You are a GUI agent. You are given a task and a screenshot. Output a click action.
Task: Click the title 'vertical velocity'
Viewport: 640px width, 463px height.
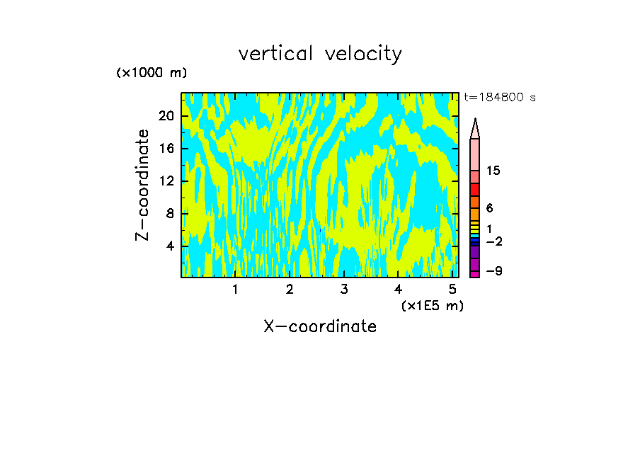click(x=320, y=54)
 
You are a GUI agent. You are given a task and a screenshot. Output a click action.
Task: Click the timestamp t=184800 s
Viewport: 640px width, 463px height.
click(x=499, y=98)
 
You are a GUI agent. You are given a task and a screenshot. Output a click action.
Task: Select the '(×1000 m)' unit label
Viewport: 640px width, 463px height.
click(x=152, y=74)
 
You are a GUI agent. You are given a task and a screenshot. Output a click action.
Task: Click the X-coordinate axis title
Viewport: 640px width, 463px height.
click(x=320, y=326)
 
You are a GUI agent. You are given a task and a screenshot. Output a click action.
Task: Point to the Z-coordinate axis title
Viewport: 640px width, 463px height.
click(x=144, y=185)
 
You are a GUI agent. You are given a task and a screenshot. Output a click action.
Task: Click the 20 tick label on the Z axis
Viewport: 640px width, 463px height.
click(x=166, y=116)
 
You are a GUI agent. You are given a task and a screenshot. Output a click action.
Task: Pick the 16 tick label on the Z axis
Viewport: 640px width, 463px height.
click(x=166, y=149)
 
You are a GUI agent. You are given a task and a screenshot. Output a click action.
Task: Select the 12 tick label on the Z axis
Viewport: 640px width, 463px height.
click(x=166, y=181)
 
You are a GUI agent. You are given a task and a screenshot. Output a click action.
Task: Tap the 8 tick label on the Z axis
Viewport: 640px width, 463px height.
click(x=170, y=214)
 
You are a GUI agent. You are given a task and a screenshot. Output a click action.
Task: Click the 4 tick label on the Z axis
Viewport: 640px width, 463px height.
click(x=170, y=246)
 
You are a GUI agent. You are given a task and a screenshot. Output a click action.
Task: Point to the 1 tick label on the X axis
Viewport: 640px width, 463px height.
click(x=235, y=290)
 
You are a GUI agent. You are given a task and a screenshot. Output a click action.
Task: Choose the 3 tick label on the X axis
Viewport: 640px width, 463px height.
click(x=344, y=290)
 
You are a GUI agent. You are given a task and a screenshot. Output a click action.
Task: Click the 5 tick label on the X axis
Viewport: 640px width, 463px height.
click(x=453, y=290)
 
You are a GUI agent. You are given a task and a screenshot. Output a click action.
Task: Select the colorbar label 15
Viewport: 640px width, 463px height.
click(x=493, y=171)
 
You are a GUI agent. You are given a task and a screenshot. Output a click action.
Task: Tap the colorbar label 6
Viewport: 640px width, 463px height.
click(x=489, y=209)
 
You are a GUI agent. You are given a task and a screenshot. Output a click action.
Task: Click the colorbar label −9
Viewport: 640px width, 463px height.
click(x=493, y=271)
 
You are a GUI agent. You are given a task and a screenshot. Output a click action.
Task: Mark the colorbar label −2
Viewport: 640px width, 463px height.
click(x=493, y=242)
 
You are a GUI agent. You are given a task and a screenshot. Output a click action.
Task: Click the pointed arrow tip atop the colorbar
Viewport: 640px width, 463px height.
click(x=475, y=127)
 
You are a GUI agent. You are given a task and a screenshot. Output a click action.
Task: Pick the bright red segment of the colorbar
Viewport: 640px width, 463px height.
click(x=474, y=190)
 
